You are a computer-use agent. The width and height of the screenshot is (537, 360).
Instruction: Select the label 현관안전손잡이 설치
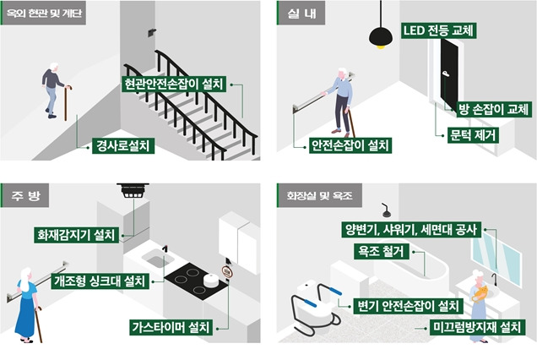[173, 84]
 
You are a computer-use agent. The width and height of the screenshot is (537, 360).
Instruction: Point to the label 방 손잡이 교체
[493, 109]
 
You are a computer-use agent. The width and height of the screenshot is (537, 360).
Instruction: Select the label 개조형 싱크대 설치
[98, 281]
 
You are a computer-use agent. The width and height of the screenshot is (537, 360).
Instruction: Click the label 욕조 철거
[382, 251]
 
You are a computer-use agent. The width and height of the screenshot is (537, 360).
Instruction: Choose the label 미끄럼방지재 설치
[476, 326]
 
